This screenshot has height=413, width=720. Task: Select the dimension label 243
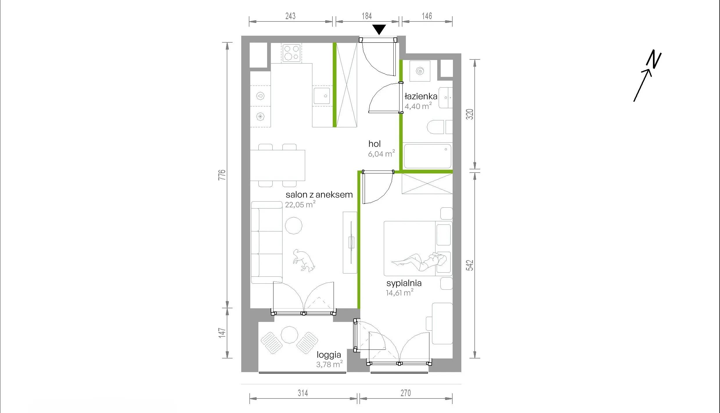[x=290, y=16]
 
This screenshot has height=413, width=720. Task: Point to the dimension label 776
[x=222, y=175]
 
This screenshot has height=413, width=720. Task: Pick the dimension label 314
[x=303, y=393]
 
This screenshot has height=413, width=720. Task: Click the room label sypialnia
[x=404, y=283]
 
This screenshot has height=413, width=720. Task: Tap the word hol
[x=375, y=144]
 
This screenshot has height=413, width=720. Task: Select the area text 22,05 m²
[x=300, y=204]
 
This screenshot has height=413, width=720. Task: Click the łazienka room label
[x=421, y=96]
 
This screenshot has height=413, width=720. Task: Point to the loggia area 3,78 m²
[x=330, y=364]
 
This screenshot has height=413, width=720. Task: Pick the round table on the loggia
[x=289, y=335]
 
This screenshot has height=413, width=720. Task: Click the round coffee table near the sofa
[x=294, y=225]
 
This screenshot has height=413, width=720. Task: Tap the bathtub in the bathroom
[x=428, y=156]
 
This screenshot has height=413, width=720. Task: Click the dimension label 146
[x=427, y=16]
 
